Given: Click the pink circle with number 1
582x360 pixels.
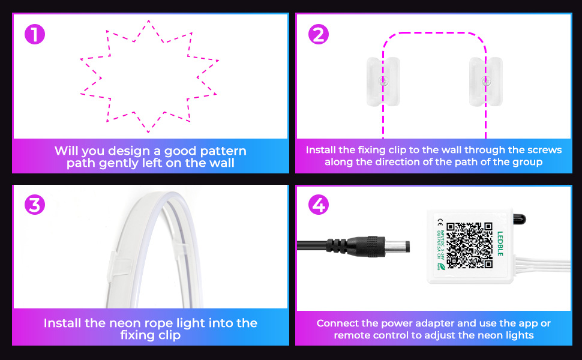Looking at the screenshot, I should (x=35, y=34).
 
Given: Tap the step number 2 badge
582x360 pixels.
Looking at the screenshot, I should (x=318, y=34).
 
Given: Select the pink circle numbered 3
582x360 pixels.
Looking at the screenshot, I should (x=35, y=205).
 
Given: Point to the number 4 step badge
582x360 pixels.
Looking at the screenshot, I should (x=318, y=205).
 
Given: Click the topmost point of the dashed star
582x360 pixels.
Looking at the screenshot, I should (x=148, y=22).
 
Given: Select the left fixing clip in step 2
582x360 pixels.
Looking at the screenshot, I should (x=382, y=81).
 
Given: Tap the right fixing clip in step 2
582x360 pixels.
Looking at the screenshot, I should (x=485, y=81).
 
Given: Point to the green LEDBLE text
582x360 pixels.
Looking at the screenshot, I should (x=500, y=244).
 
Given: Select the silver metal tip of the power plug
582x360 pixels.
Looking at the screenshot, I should (x=398, y=245).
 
